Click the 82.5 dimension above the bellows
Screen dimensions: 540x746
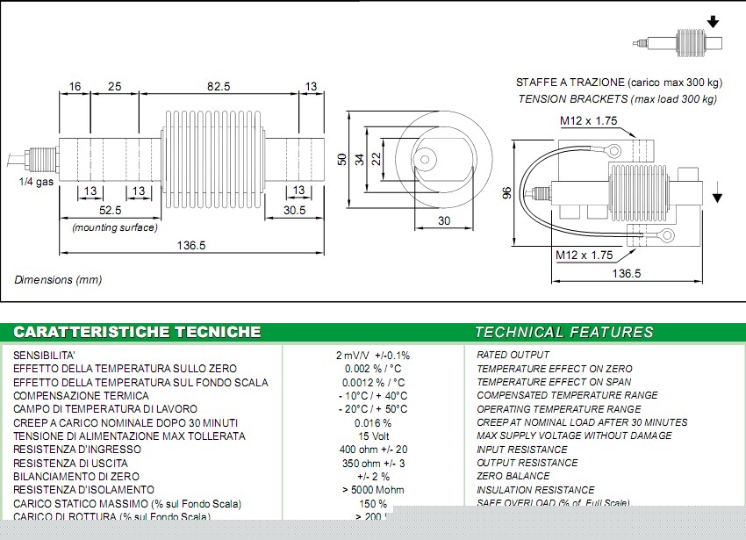(x=218, y=86)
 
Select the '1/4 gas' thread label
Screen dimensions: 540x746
(x=35, y=182)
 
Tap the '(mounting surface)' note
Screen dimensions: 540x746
(x=115, y=227)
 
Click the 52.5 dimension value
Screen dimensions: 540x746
(x=111, y=211)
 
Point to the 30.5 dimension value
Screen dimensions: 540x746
(x=294, y=211)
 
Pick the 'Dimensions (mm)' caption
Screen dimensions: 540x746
(x=58, y=279)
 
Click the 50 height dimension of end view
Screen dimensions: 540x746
(x=341, y=159)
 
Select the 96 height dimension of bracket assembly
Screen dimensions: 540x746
(x=506, y=193)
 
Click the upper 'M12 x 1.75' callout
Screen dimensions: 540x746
(x=588, y=121)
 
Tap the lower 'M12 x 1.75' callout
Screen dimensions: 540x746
(x=585, y=256)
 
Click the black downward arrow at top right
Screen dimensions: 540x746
(x=714, y=21)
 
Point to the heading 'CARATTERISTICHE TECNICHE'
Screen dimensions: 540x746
(x=137, y=332)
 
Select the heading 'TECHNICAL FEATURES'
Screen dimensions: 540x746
(x=563, y=332)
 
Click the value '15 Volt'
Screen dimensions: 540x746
(x=374, y=436)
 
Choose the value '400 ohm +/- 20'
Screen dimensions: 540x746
(x=374, y=450)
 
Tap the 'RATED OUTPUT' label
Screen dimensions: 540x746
(x=513, y=355)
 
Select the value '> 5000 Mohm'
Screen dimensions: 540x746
(x=374, y=490)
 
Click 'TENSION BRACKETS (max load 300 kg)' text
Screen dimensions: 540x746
(x=617, y=99)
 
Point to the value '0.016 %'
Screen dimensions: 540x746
(x=374, y=422)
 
